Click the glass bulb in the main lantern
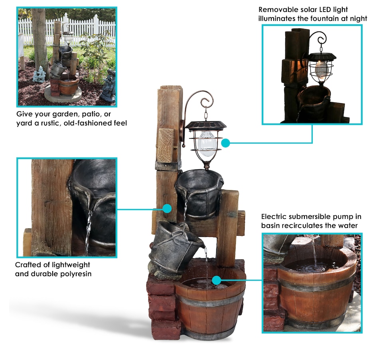[205, 143]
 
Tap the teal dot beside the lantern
[225, 143]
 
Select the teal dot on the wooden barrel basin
[216, 280]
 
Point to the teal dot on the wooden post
[167, 208]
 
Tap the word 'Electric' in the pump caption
[274, 216]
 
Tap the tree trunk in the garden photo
[40, 43]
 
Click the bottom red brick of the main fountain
[166, 329]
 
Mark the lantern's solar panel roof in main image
[206, 125]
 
